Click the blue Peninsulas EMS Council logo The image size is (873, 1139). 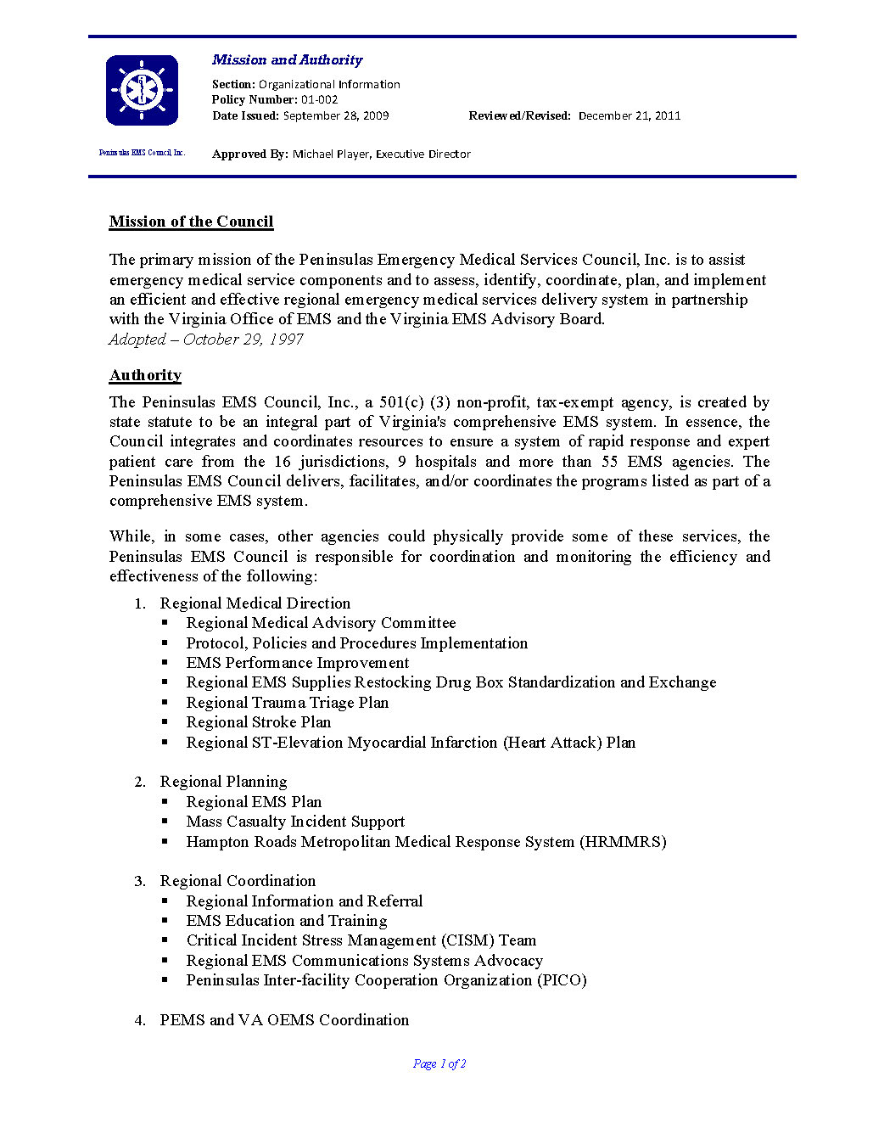click(142, 90)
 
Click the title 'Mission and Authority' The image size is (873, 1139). click(287, 60)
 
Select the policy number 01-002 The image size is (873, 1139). click(319, 100)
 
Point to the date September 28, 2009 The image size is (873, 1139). click(336, 116)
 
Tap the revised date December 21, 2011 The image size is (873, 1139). click(630, 116)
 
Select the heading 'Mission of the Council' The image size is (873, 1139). click(191, 222)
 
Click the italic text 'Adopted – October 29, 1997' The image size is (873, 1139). click(206, 339)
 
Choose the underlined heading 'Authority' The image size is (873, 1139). click(145, 375)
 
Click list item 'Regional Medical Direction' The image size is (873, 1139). click(255, 603)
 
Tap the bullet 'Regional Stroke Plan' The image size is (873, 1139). click(259, 722)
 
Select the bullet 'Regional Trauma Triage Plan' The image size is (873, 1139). click(288, 703)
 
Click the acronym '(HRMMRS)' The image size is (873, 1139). click(623, 842)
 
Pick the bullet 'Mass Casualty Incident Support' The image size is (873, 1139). click(295, 822)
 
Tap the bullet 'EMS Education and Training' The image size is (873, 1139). click(287, 921)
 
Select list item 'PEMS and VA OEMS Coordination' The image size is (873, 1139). click(284, 1020)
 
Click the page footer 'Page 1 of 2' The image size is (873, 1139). click(439, 1064)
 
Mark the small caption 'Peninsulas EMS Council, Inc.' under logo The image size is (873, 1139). click(142, 153)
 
